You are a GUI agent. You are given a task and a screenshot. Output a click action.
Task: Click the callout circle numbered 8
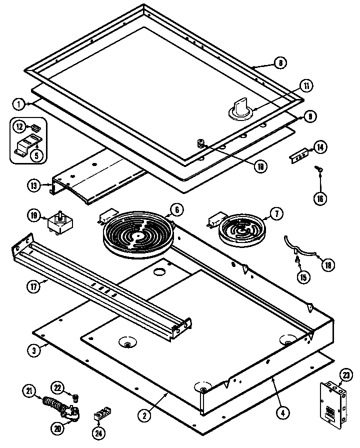click(x=280, y=63)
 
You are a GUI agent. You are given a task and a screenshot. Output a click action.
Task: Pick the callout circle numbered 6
click(x=176, y=208)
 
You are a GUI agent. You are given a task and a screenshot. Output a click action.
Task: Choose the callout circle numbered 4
click(x=283, y=413)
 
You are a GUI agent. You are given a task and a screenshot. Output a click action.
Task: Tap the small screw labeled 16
click(x=317, y=171)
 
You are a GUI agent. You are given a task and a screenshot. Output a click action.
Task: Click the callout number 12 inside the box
click(x=19, y=127)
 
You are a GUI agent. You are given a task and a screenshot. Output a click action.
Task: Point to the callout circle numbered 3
click(x=33, y=350)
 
